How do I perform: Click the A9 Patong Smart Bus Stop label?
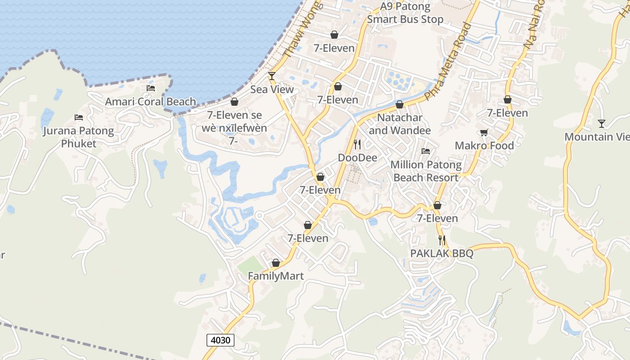pyautogui.click(x=405, y=13)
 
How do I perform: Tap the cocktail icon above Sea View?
pyautogui.click(x=272, y=76)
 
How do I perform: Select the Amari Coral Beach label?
pyautogui.click(x=150, y=102)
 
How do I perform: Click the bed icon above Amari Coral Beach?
pyautogui.click(x=151, y=88)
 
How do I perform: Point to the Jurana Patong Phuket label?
pyautogui.click(x=79, y=137)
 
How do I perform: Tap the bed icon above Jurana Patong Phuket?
pyautogui.click(x=79, y=117)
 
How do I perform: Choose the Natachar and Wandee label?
pyautogui.click(x=400, y=124)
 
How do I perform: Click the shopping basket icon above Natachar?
pyautogui.click(x=400, y=105)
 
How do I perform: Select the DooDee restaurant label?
pyautogui.click(x=357, y=157)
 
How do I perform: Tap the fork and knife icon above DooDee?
pyautogui.click(x=357, y=144)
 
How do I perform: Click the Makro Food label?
pyautogui.click(x=484, y=145)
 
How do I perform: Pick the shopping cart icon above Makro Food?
pyautogui.click(x=484, y=132)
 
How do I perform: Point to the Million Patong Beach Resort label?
pyautogui.click(x=426, y=171)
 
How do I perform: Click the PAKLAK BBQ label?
pyautogui.click(x=441, y=253)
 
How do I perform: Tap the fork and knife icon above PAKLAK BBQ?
pyautogui.click(x=442, y=240)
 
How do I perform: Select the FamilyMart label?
pyautogui.click(x=276, y=276)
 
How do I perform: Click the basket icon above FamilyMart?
pyautogui.click(x=276, y=263)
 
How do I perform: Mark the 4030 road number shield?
pyautogui.click(x=220, y=340)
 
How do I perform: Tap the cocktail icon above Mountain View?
pyautogui.click(x=602, y=123)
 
